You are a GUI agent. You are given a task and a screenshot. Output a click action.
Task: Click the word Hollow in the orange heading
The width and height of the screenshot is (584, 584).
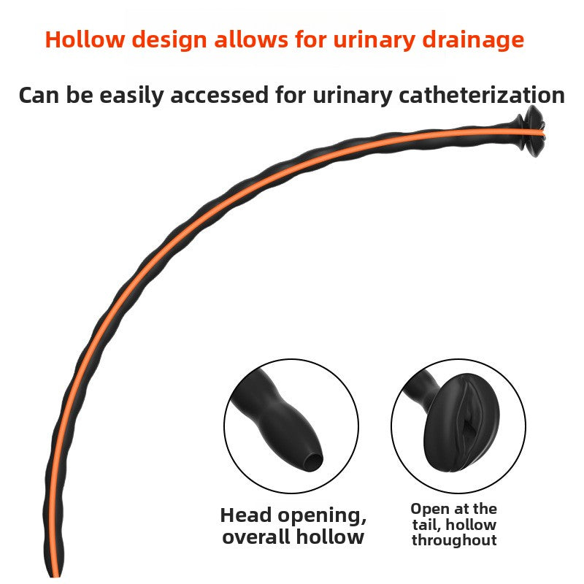coord(85,39)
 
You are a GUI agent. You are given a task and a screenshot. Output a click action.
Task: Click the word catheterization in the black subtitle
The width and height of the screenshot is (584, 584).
coord(482,95)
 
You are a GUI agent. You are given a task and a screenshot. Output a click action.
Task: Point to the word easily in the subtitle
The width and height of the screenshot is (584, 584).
coord(132,96)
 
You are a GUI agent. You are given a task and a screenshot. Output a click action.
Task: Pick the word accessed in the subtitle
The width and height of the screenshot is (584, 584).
coord(220,96)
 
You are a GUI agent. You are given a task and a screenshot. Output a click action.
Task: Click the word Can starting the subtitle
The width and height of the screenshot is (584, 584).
coord(39,96)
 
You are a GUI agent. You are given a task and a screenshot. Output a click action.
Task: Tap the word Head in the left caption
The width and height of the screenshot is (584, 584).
coord(246,515)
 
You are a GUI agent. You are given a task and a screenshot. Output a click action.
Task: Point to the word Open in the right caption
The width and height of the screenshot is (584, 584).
coord(429,510)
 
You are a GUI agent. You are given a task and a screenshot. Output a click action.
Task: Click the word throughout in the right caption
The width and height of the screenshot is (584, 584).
coord(454,540)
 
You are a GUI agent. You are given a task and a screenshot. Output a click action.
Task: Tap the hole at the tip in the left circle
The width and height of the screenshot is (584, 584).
coord(313,462)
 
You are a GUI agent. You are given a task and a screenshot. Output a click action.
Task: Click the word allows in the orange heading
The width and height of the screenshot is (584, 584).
coord(250,39)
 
